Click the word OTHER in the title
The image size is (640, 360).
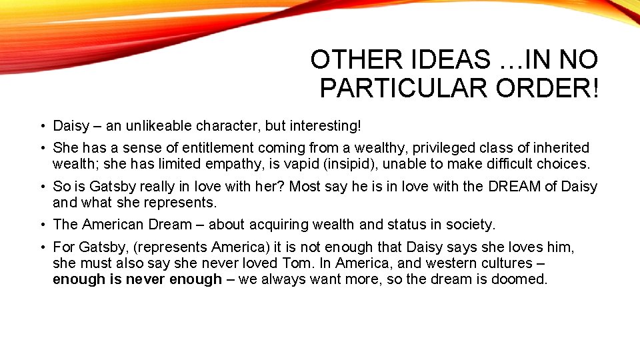click(349, 60)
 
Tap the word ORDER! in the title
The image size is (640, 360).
click(548, 88)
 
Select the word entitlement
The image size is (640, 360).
click(217, 147)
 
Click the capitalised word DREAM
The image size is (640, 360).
click(515, 187)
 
